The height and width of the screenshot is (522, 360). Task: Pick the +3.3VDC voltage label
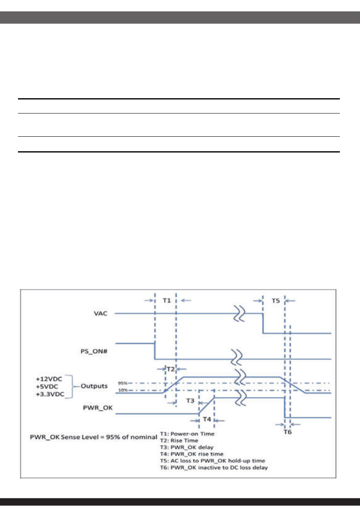pos(50,394)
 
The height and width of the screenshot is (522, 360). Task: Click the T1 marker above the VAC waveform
pos(166,300)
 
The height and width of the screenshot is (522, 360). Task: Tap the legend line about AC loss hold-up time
pos(212,461)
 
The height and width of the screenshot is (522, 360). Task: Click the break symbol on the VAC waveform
pos(240,313)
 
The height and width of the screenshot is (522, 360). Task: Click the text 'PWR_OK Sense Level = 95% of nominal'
pos(93,437)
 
